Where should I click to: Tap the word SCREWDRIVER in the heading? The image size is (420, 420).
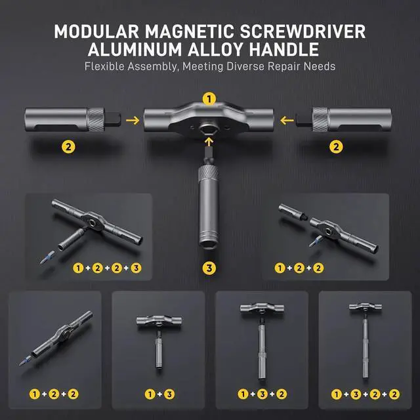(x=311, y=31)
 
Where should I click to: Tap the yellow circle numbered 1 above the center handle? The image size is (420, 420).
(x=209, y=99)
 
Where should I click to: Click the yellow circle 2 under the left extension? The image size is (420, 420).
(x=68, y=148)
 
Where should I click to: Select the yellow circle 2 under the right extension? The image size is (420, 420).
(x=337, y=148)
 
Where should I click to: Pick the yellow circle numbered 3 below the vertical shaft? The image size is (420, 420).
(x=209, y=267)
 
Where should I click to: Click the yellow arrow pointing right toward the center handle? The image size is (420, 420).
(x=132, y=120)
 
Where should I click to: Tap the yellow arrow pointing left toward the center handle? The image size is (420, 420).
(x=285, y=120)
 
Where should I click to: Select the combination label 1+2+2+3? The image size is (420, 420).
(x=108, y=268)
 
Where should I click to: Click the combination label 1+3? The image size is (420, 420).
(x=157, y=394)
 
